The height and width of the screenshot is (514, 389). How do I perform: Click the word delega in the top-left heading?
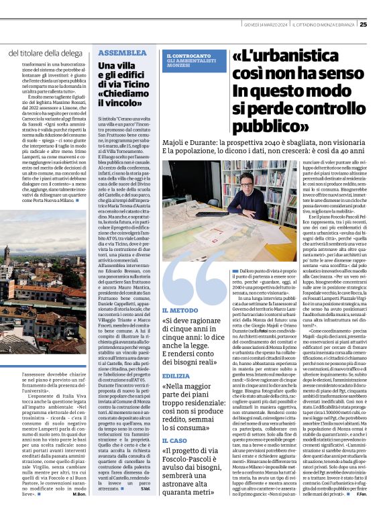click(x=70, y=52)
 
